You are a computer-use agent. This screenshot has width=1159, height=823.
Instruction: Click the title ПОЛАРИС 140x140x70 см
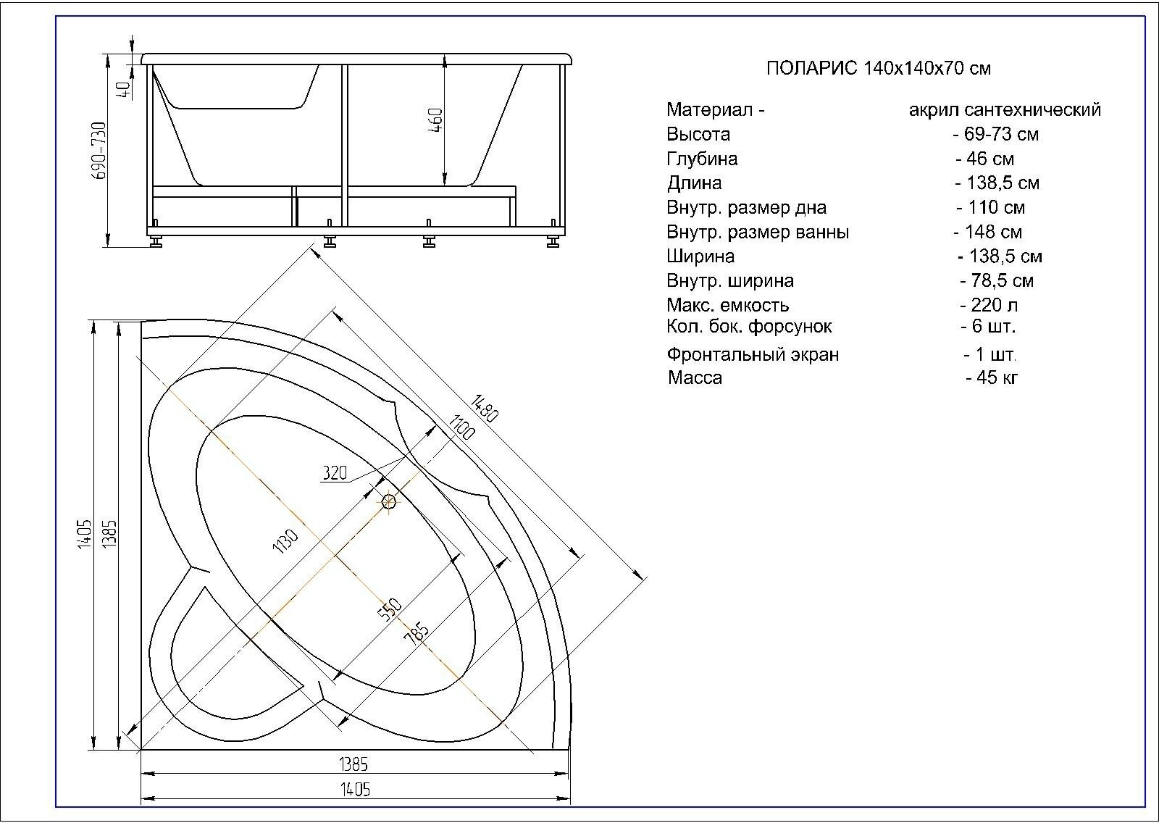[x=878, y=69]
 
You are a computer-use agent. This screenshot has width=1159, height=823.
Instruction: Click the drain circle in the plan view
[x=389, y=501]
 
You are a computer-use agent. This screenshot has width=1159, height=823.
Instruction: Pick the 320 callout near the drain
[x=334, y=474]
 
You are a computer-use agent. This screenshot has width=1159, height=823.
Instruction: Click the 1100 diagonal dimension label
[x=461, y=427]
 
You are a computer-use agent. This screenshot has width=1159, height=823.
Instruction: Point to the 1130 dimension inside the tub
[x=285, y=542]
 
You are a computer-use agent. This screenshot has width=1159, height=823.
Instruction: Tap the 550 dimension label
[x=389, y=610]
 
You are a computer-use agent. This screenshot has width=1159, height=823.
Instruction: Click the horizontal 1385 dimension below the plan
[x=353, y=764]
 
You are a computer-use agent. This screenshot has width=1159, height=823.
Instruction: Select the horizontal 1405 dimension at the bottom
[x=355, y=789]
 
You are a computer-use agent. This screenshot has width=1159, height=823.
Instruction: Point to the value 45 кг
[x=992, y=377]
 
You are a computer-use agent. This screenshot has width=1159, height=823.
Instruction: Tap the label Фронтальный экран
[x=753, y=355]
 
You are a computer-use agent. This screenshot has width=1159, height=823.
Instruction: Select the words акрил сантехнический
[x=1005, y=109]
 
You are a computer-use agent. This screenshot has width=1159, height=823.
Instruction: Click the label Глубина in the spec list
[x=702, y=159]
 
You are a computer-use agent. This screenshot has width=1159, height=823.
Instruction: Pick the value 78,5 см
[x=997, y=280]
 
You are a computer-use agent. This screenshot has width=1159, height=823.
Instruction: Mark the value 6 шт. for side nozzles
[x=989, y=326]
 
